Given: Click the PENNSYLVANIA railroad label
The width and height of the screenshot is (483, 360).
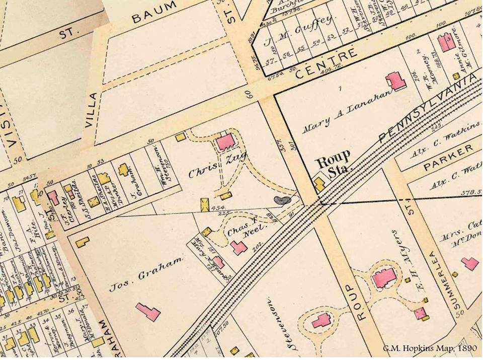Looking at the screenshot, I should click(x=429, y=107).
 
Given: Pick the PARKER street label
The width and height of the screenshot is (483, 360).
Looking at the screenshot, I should click(x=449, y=157).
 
